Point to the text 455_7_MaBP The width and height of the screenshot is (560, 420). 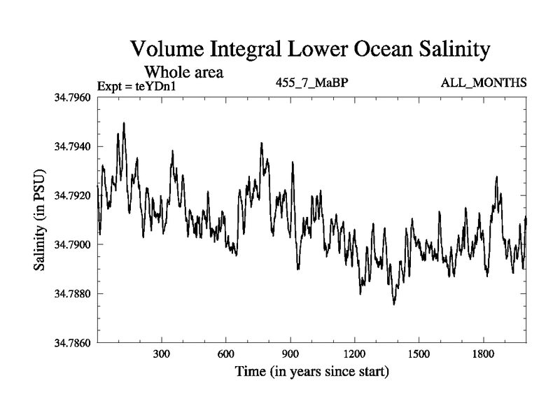312,83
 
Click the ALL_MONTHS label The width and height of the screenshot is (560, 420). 484,83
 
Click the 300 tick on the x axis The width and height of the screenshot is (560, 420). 162,353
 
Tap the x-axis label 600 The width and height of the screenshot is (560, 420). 226,353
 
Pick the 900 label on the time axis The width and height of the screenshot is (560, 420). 290,353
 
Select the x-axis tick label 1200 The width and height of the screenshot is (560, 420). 355,353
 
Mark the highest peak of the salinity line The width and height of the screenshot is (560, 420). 124,123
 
